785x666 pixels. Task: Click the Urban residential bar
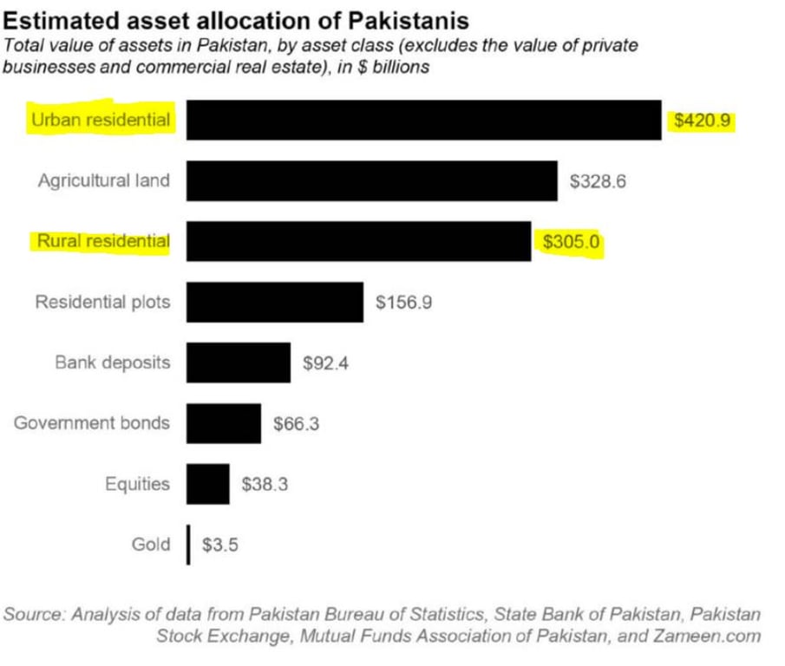tap(423, 120)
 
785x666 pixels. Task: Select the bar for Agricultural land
tap(371, 180)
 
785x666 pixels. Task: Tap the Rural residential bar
tap(358, 241)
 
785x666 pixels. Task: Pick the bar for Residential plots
tap(274, 302)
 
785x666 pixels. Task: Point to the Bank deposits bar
tap(238, 362)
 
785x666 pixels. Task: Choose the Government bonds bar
tap(223, 423)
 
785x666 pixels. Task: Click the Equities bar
tap(207, 484)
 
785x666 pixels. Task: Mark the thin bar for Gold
tap(188, 545)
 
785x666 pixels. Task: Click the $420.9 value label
tap(703, 121)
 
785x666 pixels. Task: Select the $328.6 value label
tap(598, 181)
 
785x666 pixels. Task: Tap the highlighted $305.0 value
tap(571, 242)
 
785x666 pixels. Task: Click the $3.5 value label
tap(220, 545)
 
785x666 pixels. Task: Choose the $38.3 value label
tap(265, 485)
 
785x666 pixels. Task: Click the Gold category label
tap(151, 545)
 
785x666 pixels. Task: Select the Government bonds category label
tap(92, 423)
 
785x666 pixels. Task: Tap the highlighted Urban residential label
tap(101, 120)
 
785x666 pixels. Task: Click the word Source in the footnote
tap(34, 614)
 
